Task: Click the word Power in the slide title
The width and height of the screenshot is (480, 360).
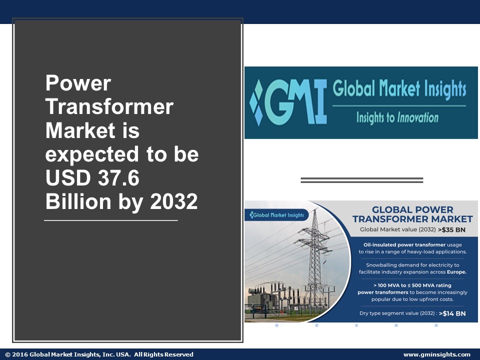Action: tap(78, 83)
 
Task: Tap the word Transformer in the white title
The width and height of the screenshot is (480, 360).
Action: tap(109, 107)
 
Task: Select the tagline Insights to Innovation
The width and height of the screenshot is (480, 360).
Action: tap(397, 118)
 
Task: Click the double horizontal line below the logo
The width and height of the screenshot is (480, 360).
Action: tap(362, 180)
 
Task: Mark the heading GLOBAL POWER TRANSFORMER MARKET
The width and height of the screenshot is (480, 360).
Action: tap(412, 214)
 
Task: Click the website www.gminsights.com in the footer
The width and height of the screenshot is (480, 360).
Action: tap(436, 354)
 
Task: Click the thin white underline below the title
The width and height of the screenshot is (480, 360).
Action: tap(111, 220)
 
